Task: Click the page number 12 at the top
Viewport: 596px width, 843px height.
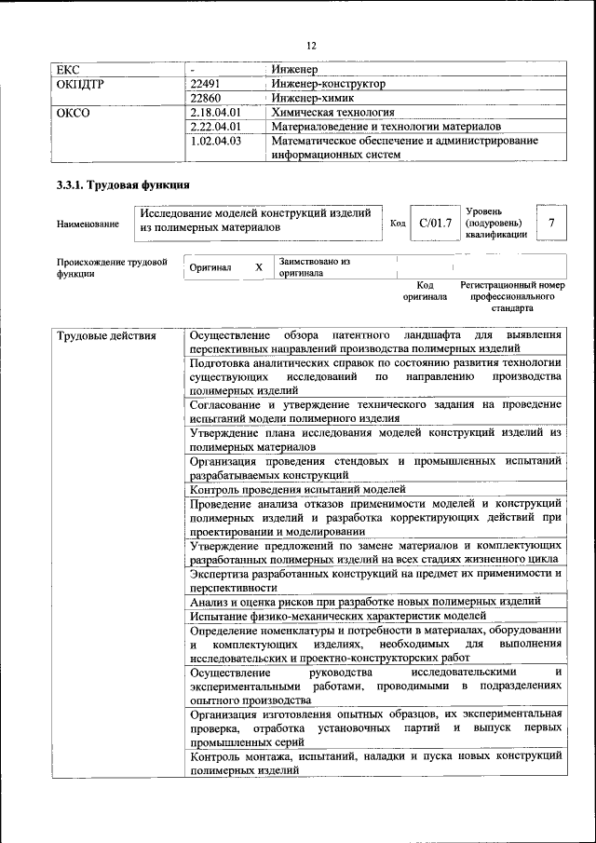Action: [x=311, y=46]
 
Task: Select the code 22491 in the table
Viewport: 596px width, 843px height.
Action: [x=206, y=84]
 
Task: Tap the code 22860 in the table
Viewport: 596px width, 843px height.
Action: [x=206, y=98]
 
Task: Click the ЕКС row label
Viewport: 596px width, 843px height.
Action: [x=70, y=70]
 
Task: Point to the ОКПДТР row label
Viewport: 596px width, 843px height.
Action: [x=81, y=84]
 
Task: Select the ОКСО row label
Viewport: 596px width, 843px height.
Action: [x=73, y=112]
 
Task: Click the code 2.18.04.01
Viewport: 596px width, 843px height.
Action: [x=215, y=112]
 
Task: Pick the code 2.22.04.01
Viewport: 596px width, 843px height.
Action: [x=215, y=126]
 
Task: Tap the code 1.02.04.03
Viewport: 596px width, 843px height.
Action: [x=215, y=141]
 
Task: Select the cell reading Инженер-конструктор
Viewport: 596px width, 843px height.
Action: [x=327, y=84]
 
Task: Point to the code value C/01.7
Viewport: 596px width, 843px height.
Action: [x=435, y=223]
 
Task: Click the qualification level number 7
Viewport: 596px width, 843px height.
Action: [x=552, y=223]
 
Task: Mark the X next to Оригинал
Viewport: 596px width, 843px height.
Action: [x=259, y=267]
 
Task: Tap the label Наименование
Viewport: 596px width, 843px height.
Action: [x=88, y=224]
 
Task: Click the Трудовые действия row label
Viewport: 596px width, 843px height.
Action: [x=106, y=335]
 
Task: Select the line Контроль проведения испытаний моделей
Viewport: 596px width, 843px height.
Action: [x=298, y=488]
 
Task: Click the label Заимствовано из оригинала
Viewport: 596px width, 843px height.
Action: [x=315, y=267]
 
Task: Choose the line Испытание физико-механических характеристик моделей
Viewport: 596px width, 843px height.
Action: [x=337, y=616]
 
